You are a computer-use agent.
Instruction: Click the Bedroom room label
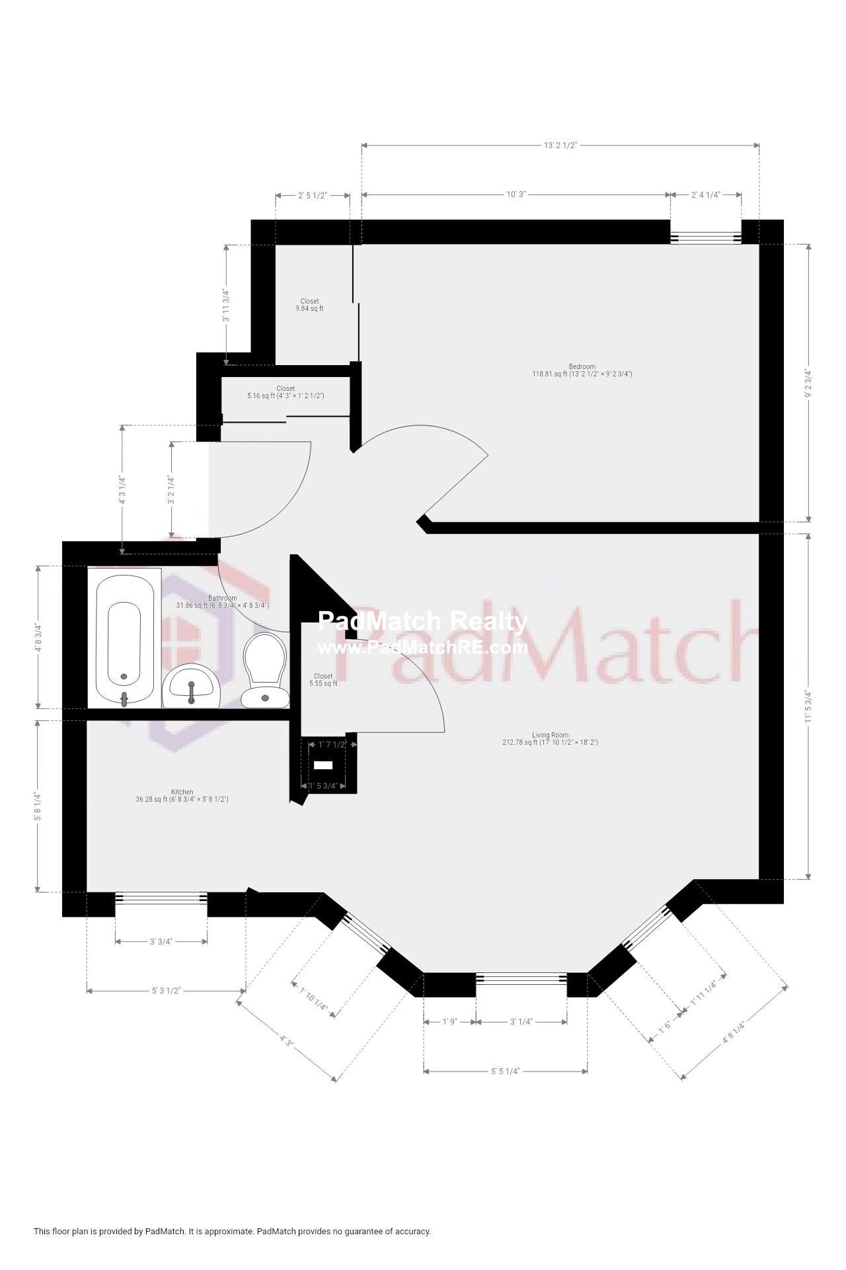(x=582, y=366)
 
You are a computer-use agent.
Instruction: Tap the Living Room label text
(x=550, y=735)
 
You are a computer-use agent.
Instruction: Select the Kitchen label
(x=182, y=792)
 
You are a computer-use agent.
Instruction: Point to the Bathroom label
(x=222, y=599)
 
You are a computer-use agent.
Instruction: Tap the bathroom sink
(x=191, y=687)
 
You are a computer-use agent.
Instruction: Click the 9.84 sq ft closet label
(x=309, y=305)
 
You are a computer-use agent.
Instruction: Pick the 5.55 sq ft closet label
(x=323, y=680)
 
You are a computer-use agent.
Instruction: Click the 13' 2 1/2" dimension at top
(x=560, y=146)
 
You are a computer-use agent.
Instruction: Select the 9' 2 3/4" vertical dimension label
(x=807, y=384)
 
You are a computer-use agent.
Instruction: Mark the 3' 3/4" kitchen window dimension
(x=161, y=942)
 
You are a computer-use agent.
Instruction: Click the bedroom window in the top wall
(x=706, y=238)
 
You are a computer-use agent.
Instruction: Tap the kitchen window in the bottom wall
(x=161, y=898)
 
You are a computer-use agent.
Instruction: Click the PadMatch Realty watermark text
(x=423, y=621)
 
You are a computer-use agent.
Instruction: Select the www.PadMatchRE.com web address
(x=423, y=648)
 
